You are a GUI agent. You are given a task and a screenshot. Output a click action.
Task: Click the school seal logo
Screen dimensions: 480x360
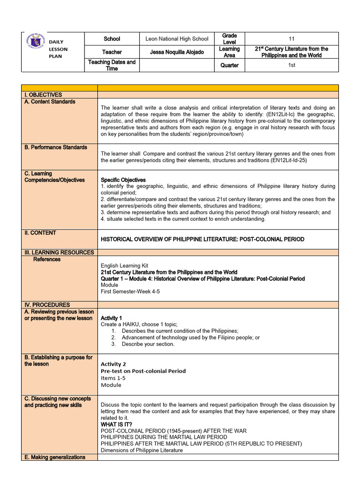click(x=36, y=45)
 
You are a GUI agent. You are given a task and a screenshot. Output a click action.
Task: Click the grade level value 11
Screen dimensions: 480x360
click(x=292, y=39)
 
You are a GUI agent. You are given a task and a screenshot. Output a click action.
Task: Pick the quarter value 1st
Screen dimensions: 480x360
click(x=292, y=65)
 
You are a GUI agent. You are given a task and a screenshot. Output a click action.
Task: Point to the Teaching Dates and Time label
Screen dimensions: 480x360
click(x=112, y=65)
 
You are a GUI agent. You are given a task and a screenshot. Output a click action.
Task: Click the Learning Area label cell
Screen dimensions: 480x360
click(x=229, y=52)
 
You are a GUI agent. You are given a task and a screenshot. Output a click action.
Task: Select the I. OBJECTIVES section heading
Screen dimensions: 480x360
click(x=43, y=95)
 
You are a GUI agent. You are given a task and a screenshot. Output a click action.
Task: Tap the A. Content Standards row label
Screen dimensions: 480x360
click(x=50, y=102)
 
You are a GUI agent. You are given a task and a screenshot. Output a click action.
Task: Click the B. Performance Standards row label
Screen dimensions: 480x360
click(x=56, y=147)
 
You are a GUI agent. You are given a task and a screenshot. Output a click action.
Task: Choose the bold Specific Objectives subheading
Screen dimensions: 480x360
click(x=123, y=180)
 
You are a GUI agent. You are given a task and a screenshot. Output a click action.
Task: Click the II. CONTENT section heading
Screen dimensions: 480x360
click(x=40, y=232)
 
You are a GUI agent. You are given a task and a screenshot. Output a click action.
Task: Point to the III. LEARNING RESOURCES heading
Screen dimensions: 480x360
click(x=59, y=252)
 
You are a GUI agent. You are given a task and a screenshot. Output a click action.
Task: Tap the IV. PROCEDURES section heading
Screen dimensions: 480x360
click(x=47, y=305)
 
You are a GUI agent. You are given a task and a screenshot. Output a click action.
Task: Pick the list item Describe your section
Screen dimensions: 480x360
click(x=148, y=344)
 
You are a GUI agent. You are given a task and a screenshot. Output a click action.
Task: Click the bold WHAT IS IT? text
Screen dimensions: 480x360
click(x=120, y=424)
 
